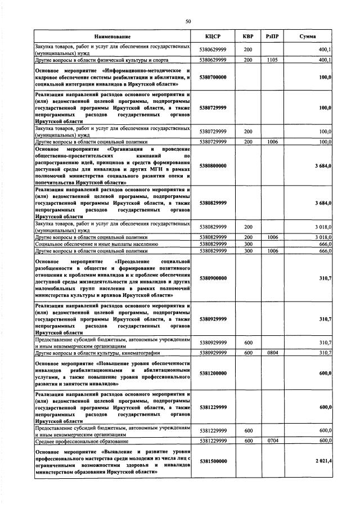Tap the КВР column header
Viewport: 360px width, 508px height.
click(x=247, y=37)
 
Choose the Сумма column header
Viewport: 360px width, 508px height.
click(x=307, y=37)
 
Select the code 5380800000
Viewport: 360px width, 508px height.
click(x=213, y=166)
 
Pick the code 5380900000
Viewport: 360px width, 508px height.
click(x=213, y=278)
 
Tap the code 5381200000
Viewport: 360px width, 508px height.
click(x=213, y=372)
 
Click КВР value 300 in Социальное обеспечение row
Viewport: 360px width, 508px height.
click(x=247, y=245)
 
